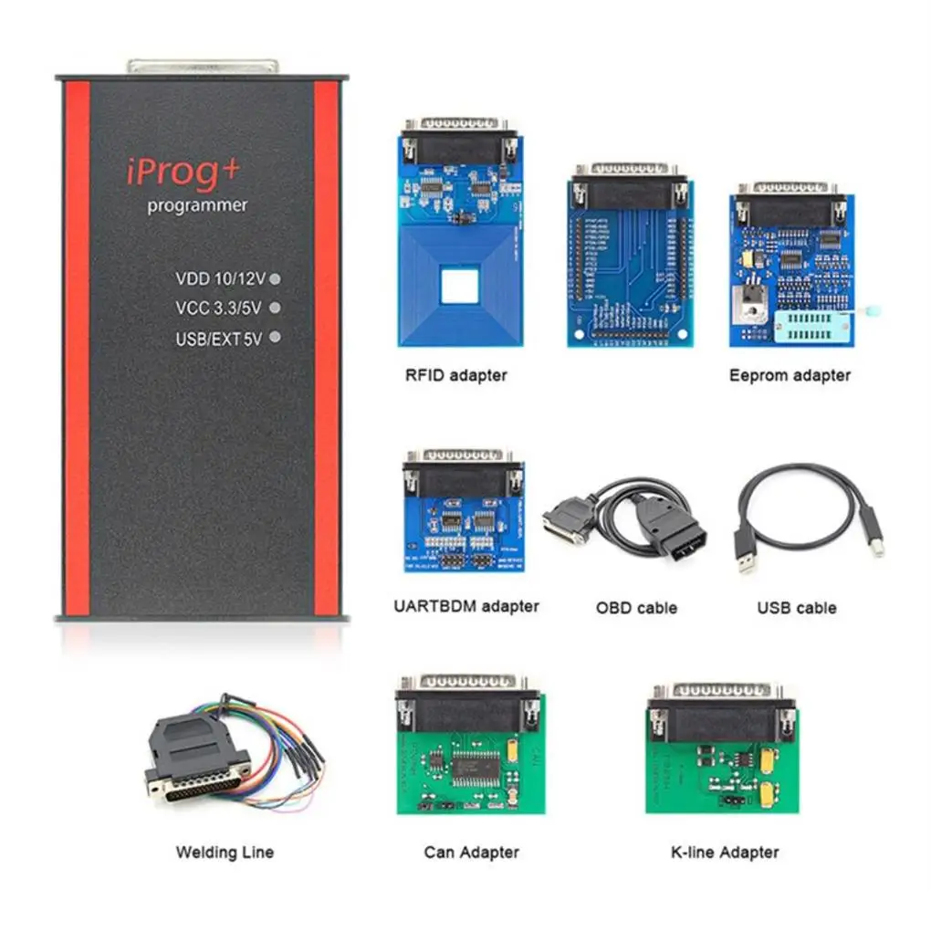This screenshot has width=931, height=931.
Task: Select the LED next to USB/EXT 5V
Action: click(x=275, y=337)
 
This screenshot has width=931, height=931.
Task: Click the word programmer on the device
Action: click(x=197, y=205)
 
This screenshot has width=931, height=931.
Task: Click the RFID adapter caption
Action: click(x=455, y=374)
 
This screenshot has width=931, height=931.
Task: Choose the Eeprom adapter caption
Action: click(x=790, y=374)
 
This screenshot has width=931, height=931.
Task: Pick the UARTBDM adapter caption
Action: click(x=465, y=605)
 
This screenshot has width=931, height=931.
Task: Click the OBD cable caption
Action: click(x=636, y=607)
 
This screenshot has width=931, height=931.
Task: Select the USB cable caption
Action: click(x=796, y=607)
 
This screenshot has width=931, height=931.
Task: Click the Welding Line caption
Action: click(x=225, y=853)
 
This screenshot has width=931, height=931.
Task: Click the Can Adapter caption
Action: click(x=471, y=853)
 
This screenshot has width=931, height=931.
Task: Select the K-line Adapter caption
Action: click(x=724, y=853)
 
